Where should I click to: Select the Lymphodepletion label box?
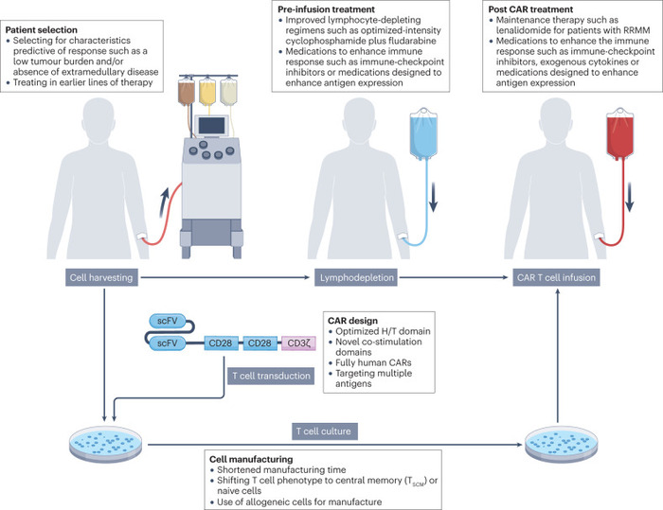[355, 278]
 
